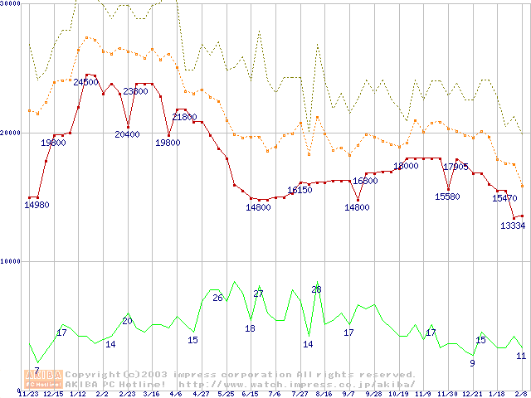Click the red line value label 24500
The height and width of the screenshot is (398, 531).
pos(85,82)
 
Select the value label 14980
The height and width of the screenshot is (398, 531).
pos(36,205)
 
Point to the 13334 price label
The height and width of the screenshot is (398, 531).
pos(513,226)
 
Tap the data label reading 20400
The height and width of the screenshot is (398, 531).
pos(127,134)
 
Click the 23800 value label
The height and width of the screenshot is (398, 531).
pos(135,91)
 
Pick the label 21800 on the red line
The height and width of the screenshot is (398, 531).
pos(184,117)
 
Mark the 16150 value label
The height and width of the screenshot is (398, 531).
pos(300,190)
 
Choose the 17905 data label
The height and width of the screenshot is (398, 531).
pos(455,167)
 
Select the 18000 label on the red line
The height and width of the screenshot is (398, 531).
pos(406,166)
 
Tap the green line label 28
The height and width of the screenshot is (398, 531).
pos(316,289)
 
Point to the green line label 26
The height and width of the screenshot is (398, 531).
pos(217,298)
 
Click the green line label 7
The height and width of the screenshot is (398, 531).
pos(37,371)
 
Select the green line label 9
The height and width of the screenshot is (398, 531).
pos(472,362)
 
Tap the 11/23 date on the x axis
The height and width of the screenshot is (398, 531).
pos(28,394)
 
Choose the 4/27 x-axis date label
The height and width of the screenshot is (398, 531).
pos(200,394)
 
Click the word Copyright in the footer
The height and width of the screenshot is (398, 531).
pos(93,375)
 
